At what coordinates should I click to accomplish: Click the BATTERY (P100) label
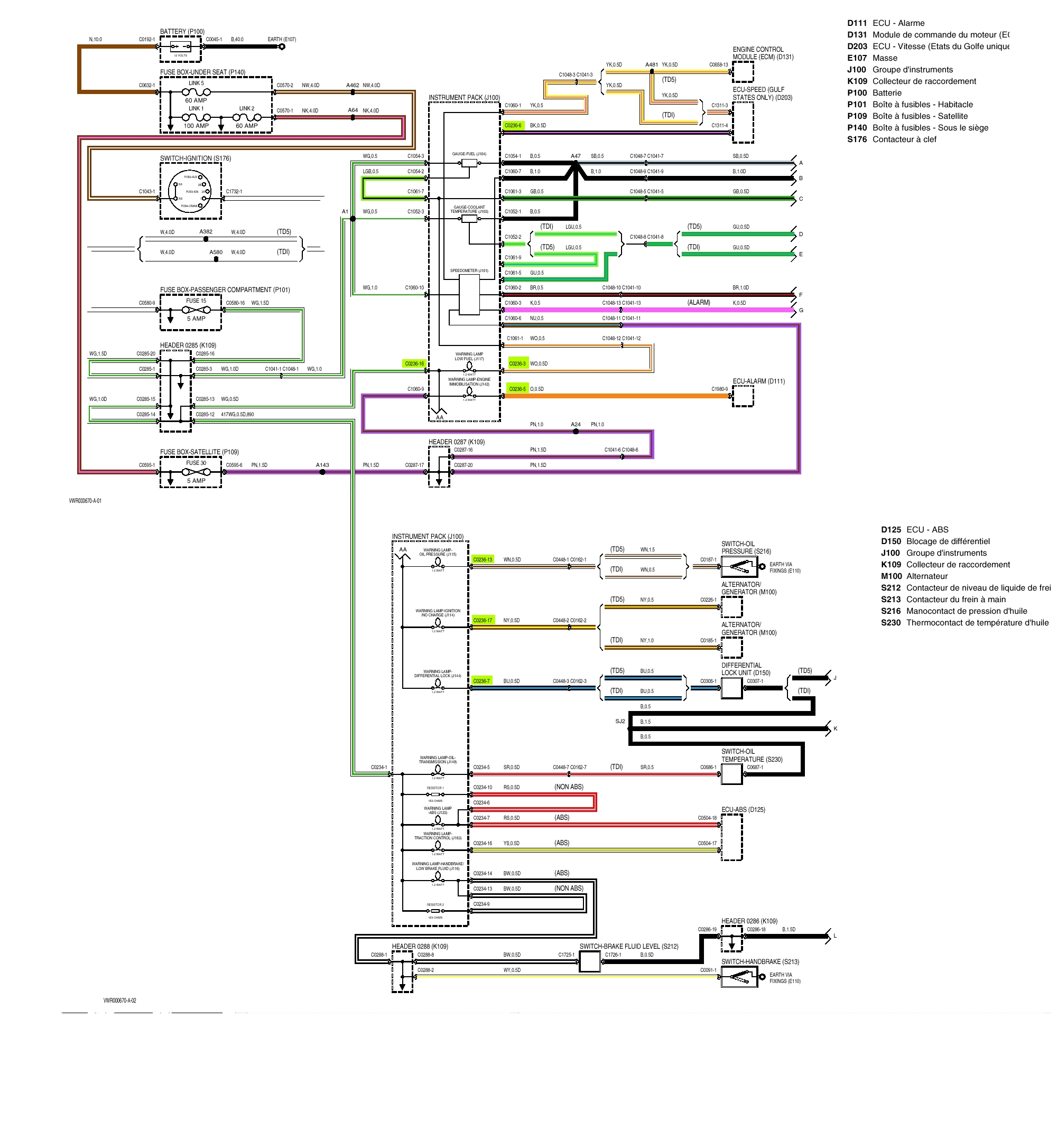[182, 32]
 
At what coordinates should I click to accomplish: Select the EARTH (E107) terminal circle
[282, 47]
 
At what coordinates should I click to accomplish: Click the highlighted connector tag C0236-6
[514, 126]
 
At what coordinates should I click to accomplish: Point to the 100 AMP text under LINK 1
[196, 126]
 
